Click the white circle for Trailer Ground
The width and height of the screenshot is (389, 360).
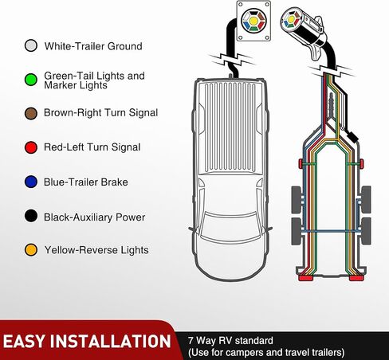point(31,46)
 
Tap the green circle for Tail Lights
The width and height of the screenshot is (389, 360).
point(31,80)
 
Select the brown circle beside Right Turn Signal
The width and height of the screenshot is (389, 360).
point(31,113)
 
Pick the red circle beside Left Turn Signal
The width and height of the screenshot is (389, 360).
point(31,147)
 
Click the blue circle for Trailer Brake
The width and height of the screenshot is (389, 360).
point(31,182)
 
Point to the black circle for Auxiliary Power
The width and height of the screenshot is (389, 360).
point(31,216)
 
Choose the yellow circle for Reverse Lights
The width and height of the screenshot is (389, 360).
point(31,250)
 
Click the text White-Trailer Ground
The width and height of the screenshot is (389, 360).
point(93,46)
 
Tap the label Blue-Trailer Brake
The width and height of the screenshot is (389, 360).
point(86,182)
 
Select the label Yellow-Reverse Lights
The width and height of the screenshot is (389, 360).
point(96,250)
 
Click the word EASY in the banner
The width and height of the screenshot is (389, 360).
point(24,341)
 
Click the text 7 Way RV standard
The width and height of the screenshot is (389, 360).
point(230,340)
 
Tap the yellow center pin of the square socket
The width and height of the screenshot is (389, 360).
point(253,21)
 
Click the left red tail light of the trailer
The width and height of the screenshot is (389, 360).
point(306,278)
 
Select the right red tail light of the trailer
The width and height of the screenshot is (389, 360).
point(357,278)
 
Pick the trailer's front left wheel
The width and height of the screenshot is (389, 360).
point(297,200)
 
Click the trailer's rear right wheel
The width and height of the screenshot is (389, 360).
point(366,231)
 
